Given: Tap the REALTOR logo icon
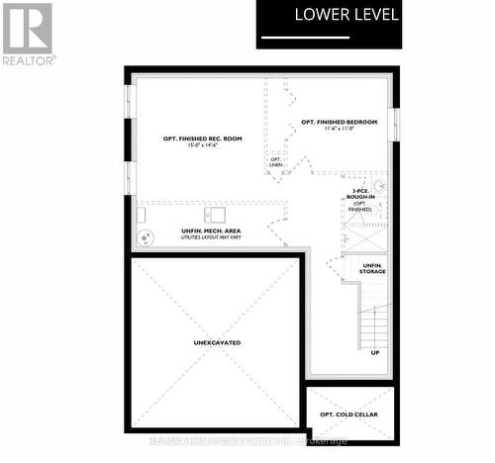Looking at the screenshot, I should click(28, 29).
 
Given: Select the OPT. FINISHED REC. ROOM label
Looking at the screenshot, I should click(203, 138).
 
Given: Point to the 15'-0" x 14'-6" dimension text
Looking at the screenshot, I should click(203, 146).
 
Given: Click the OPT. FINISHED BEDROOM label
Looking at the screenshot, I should click(340, 122).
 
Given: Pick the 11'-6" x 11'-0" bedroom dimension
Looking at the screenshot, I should click(340, 130).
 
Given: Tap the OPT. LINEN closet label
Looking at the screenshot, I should click(275, 161).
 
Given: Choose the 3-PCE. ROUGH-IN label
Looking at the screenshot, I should click(362, 196).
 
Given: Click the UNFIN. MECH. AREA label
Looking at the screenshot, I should click(211, 231).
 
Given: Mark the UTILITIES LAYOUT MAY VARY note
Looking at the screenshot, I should click(211, 238).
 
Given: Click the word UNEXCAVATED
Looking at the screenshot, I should click(218, 342).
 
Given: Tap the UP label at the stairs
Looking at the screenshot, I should click(374, 352).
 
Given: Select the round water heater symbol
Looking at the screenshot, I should click(147, 237).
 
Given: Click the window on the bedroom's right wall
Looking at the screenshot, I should click(396, 123).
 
